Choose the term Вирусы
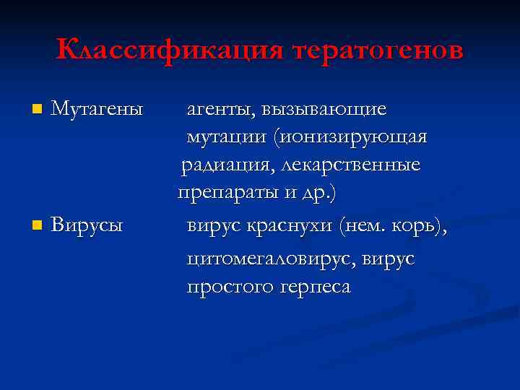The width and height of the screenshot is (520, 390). coord(87,225)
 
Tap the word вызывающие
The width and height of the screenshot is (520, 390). coord(324,109)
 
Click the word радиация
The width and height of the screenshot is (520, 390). coord(220,165)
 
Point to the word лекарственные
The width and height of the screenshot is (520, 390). coord(350,165)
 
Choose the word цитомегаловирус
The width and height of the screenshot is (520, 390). coord(272,258)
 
